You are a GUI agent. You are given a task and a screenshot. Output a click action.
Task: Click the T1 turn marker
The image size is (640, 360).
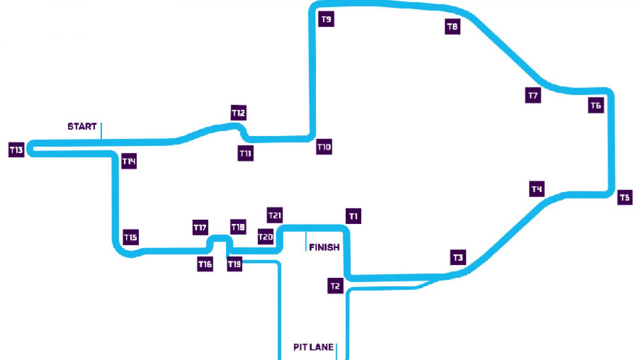353,216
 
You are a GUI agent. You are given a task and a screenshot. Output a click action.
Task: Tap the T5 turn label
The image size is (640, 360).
625,197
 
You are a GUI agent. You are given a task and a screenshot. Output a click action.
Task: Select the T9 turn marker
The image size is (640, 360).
326,19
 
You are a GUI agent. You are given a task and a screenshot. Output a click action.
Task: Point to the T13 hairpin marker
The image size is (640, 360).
16,150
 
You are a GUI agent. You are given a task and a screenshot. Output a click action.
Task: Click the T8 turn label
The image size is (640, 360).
453,27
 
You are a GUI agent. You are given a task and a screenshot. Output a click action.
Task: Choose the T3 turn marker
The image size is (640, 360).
458,257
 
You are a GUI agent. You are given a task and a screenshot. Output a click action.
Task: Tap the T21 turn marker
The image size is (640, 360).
275,215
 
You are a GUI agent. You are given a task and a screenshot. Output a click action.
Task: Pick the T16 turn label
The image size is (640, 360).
205,264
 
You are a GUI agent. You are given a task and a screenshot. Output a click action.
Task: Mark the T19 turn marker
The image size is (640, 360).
235,264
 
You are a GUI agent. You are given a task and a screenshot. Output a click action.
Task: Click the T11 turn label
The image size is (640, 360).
246,153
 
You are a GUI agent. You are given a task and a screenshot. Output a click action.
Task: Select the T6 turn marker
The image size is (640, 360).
596,105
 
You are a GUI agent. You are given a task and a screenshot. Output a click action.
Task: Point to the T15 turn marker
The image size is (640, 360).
131,237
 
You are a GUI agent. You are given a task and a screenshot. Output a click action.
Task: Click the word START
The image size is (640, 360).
82,127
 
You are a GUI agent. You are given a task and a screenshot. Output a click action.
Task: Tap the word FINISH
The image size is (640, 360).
324,247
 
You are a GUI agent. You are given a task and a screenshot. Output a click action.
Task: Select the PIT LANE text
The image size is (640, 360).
313,347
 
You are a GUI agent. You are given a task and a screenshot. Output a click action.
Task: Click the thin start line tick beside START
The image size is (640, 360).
101,131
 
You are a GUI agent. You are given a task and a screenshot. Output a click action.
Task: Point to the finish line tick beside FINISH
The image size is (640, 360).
306,241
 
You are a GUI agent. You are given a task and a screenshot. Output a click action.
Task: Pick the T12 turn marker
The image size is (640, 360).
239,113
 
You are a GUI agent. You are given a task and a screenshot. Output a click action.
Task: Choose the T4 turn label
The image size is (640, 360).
537,189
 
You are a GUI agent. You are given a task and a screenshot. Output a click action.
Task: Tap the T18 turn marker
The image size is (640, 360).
238,227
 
